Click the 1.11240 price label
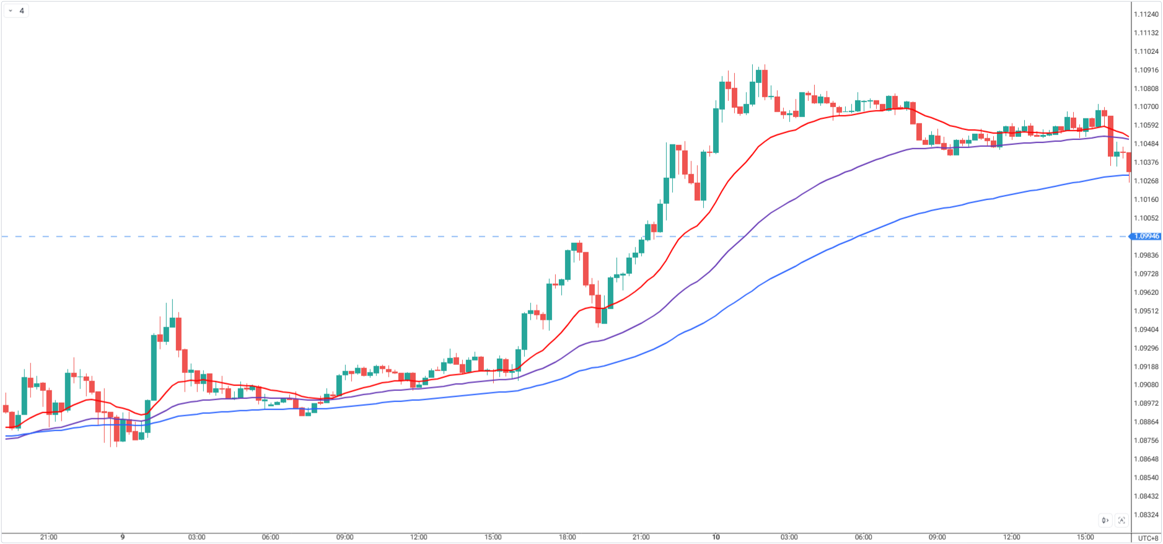point(1146,14)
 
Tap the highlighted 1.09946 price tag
point(1147,236)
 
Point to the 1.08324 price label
point(1146,515)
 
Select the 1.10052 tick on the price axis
point(1146,218)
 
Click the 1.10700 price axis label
point(1146,107)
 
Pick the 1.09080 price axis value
point(1146,385)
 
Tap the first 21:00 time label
point(48,537)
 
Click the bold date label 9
point(123,537)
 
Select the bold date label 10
point(716,537)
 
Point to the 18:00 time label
point(567,537)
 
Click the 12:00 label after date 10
point(1011,537)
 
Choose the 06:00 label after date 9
point(270,537)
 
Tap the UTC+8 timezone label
point(1148,538)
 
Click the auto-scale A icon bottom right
point(1121,520)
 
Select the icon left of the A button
point(1105,520)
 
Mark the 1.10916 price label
point(1146,70)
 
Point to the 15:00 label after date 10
point(1085,537)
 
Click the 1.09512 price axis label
point(1146,311)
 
